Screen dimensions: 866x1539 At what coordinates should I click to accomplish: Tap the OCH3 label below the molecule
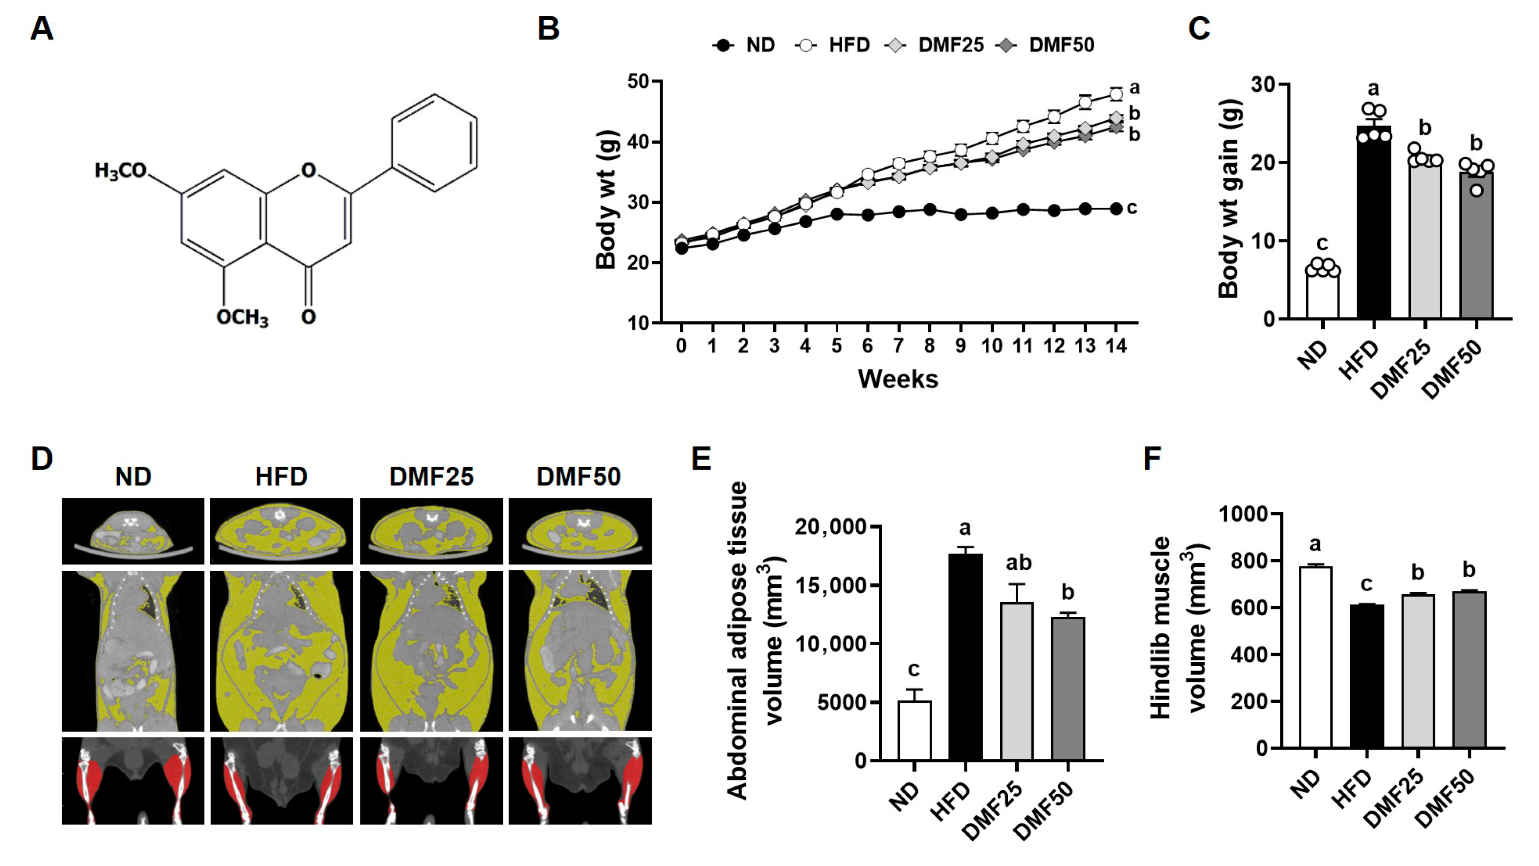[242, 317]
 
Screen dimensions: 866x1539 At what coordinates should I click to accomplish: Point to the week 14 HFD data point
[1115, 94]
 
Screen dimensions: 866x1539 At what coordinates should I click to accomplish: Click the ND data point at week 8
[930, 210]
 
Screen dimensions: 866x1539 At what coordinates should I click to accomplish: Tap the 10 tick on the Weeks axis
[992, 345]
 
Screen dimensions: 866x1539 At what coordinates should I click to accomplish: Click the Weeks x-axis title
[898, 379]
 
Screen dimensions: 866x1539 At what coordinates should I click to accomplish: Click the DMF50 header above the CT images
[579, 476]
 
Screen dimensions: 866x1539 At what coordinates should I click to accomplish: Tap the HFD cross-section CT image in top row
[281, 531]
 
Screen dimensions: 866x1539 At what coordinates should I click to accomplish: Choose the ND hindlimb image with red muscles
[133, 780]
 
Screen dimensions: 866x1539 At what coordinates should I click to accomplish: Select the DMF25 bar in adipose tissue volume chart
[1016, 681]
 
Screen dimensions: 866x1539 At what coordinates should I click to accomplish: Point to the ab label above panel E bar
[1019, 563]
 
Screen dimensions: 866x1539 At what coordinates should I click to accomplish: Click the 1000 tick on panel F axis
[1242, 514]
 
